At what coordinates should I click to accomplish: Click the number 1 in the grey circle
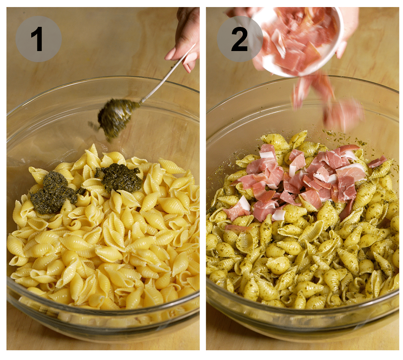click(37, 39)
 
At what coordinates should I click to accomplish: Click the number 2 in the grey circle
click(239, 39)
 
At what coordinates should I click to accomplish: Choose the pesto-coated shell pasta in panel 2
click(302, 262)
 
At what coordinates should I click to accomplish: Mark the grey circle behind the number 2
click(225, 50)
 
